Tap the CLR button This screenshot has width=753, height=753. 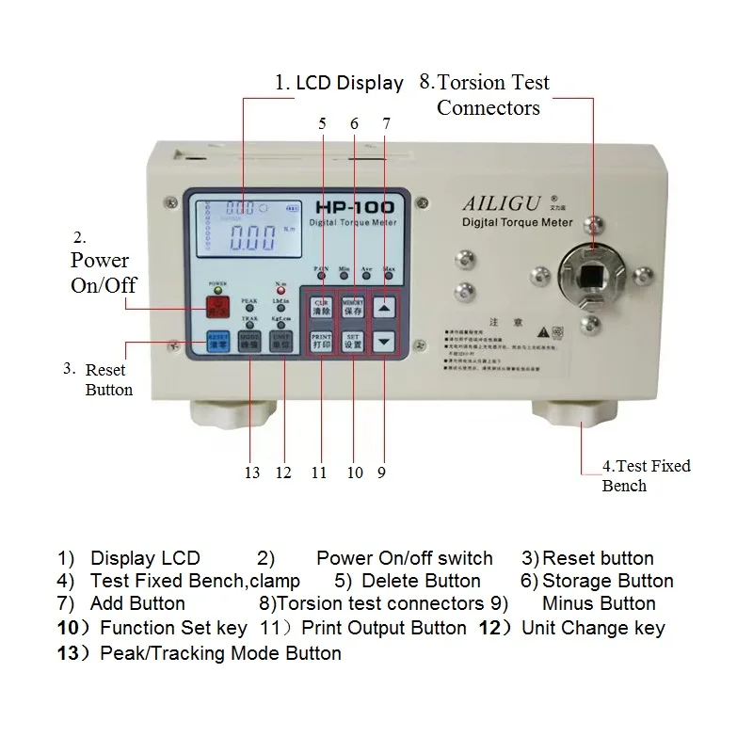coord(320,307)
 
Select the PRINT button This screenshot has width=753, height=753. coord(320,341)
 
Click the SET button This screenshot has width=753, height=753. coord(352,341)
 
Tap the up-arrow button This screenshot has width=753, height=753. coord(383,307)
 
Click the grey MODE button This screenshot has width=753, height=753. coord(249,341)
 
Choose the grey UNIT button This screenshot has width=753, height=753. coord(280,341)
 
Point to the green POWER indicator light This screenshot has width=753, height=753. coord(218,290)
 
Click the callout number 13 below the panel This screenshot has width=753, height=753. coord(251,472)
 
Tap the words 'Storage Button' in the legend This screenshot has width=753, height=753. coord(608,581)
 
